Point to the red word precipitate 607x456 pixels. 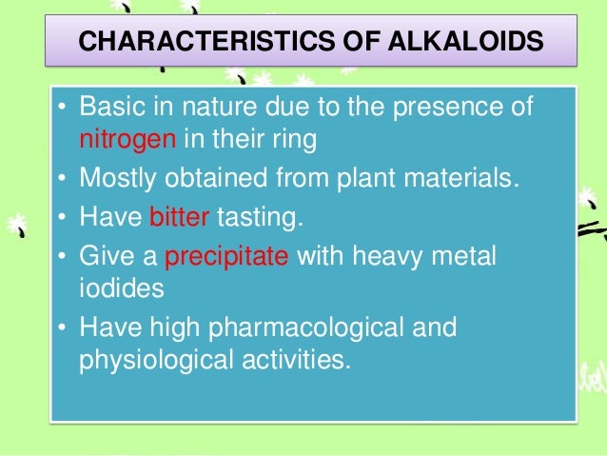click(227, 257)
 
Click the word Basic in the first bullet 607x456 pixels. click(111, 107)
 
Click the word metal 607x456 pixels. click(465, 257)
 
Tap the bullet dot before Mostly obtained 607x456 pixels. click(61, 179)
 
